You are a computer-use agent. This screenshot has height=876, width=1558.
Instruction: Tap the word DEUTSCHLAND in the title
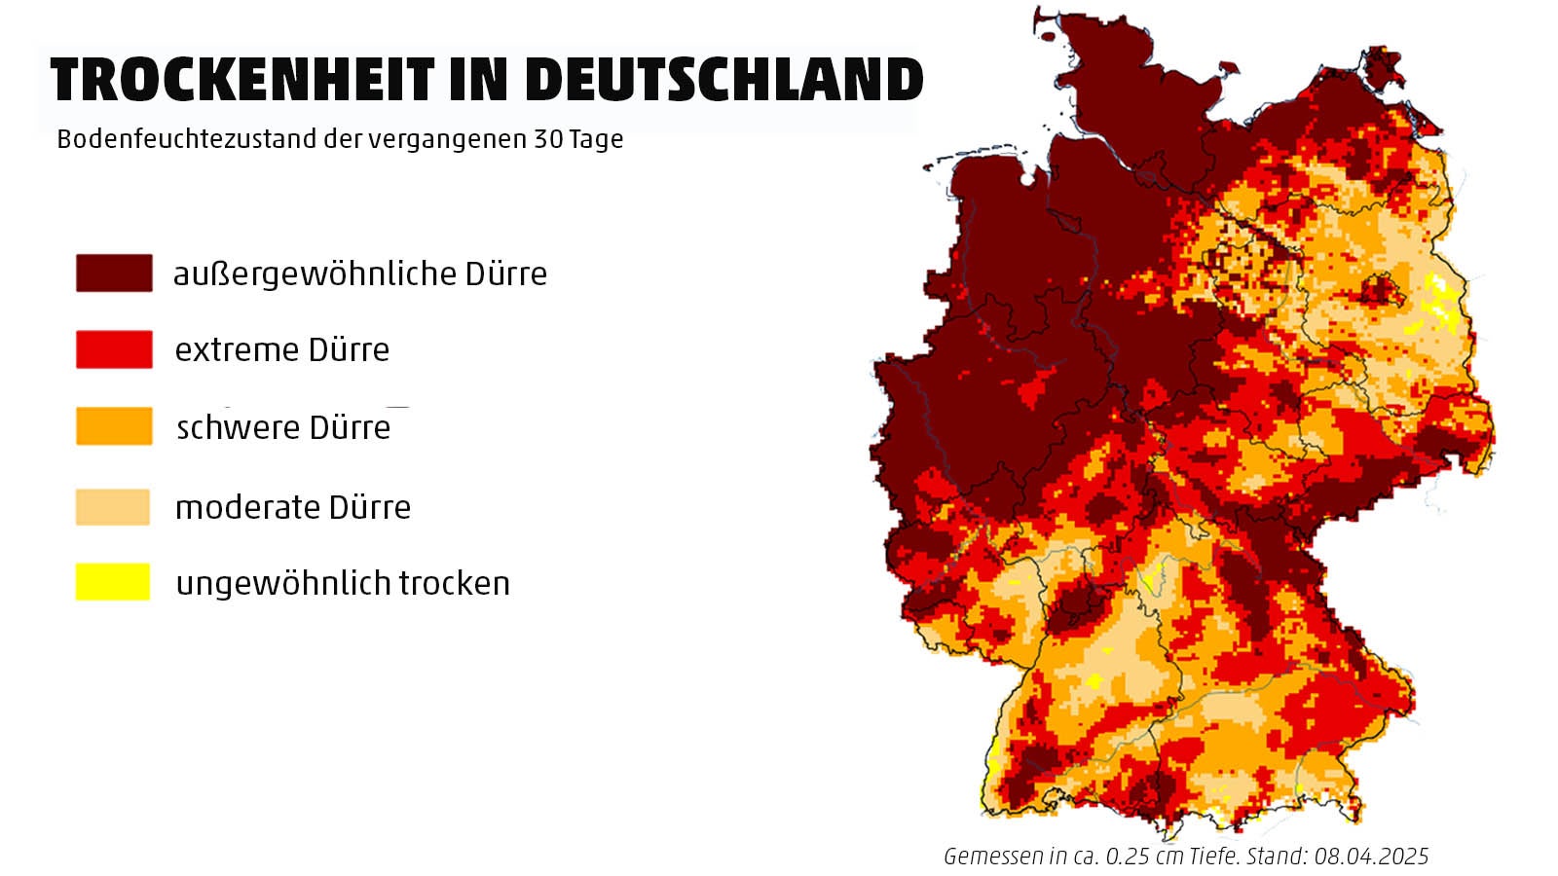pyautogui.click(x=723, y=80)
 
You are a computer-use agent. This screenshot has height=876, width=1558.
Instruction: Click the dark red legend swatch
pyautogui.click(x=114, y=274)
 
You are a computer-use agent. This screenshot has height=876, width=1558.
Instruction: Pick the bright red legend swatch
pyautogui.click(x=114, y=349)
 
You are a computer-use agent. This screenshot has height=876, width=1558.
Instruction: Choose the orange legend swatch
pyautogui.click(x=114, y=426)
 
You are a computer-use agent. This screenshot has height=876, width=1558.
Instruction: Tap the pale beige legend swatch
pyautogui.click(x=113, y=507)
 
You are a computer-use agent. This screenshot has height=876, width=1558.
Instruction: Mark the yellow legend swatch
pyautogui.click(x=113, y=582)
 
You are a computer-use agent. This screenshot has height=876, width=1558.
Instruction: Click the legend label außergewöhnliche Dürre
pyautogui.click(x=359, y=274)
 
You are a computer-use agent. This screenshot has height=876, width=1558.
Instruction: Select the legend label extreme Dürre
pyautogui.click(x=281, y=349)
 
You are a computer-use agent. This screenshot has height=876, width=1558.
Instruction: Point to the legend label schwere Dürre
pyautogui.click(x=283, y=427)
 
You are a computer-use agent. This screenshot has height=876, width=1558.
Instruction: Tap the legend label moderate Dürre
pyautogui.click(x=292, y=507)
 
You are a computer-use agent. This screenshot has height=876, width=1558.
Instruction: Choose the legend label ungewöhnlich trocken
pyautogui.click(x=343, y=583)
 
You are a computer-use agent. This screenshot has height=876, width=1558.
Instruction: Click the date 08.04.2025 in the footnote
pyautogui.click(x=1371, y=857)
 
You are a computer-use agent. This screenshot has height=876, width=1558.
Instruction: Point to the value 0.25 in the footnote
pyautogui.click(x=1127, y=857)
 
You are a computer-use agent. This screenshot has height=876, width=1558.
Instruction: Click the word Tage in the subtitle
pyautogui.click(x=596, y=140)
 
